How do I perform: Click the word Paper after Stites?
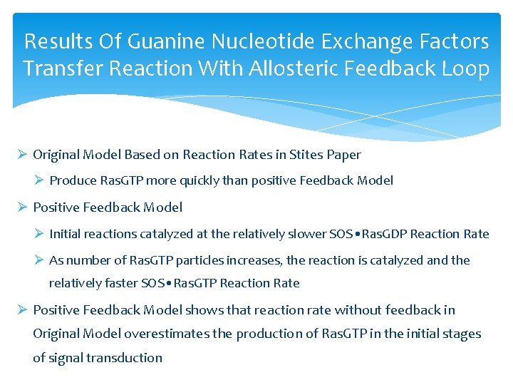click(x=345, y=155)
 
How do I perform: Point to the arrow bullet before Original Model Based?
click(x=22, y=155)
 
